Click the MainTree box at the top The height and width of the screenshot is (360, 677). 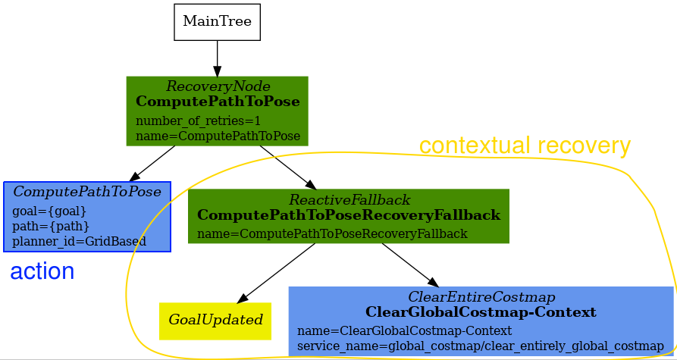[x=217, y=22]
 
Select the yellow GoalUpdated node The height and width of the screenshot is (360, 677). [x=215, y=320]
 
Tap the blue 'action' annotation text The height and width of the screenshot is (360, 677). [x=42, y=271]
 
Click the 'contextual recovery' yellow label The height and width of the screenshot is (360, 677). [x=525, y=146]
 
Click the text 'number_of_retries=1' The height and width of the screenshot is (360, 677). [x=198, y=121]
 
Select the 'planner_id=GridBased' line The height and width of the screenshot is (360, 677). [x=79, y=241]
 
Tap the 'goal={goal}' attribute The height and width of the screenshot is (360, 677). [x=49, y=211]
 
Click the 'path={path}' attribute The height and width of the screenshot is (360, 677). [x=51, y=226]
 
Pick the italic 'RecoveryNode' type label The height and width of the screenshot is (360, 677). [x=218, y=86]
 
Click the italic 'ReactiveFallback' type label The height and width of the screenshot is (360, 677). [x=349, y=200]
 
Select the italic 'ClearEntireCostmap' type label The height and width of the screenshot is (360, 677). [x=481, y=296]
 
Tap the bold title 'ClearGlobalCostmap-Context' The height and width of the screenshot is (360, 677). [x=481, y=312]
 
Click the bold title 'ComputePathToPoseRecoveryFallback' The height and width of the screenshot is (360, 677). [x=349, y=215]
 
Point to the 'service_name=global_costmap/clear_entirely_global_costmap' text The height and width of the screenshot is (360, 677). [x=480, y=346]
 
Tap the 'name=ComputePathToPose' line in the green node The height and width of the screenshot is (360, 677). [x=218, y=136]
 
